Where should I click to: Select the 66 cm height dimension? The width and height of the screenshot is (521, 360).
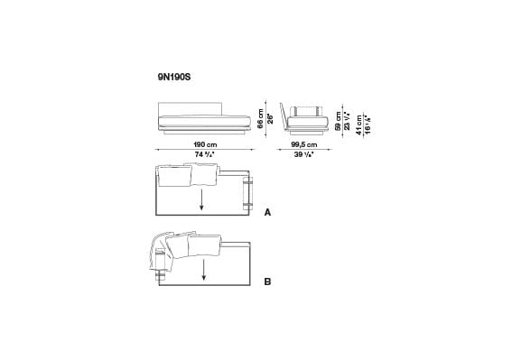tap(259, 116)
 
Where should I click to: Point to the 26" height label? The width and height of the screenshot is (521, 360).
tap(268, 117)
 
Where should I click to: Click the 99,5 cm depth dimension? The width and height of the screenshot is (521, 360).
tap(305, 144)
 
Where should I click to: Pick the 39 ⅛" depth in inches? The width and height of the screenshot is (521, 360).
tap(305, 155)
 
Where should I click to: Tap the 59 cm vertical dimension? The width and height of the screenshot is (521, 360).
tap(339, 121)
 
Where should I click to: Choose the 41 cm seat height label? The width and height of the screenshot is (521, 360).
tap(358, 125)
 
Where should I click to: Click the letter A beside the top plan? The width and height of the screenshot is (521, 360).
tap(267, 215)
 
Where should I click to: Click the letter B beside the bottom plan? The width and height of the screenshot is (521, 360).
tap(267, 282)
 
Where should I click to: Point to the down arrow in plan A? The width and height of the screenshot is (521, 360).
tap(202, 199)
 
